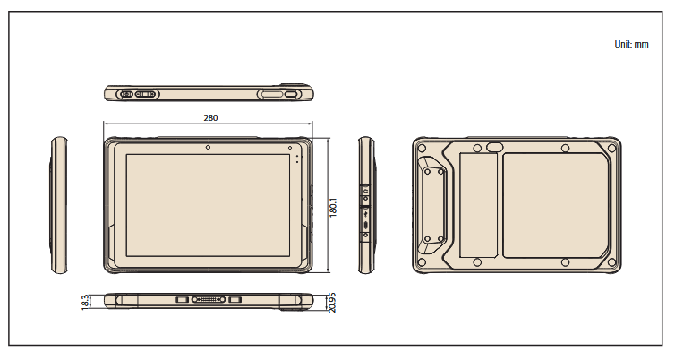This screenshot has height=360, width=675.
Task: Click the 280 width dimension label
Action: point(210,117)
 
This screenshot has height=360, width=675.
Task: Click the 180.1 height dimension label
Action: point(333,208)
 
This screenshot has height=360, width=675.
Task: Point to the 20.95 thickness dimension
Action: point(332,303)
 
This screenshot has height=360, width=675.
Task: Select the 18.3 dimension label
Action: point(86,301)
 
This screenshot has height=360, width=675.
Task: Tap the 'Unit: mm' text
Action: point(631,44)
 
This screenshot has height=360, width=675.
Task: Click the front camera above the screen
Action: point(208,147)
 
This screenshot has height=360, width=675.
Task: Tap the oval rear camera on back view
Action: point(494,146)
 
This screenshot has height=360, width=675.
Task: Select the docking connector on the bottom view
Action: point(209,297)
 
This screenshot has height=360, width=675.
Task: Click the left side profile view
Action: point(59,205)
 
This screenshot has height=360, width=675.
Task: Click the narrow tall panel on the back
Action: point(478,205)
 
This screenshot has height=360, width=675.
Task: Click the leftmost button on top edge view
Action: point(126,93)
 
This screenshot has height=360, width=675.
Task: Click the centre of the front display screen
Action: point(209,207)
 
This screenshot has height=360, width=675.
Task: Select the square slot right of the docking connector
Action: point(235,297)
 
